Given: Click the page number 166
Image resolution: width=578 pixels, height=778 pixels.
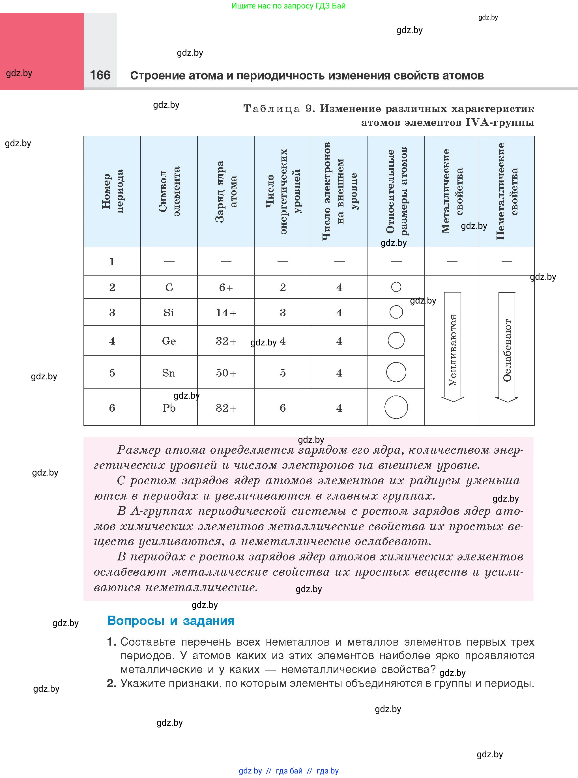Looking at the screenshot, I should pyautogui.click(x=100, y=75).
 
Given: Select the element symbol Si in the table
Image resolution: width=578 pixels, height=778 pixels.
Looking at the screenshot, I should pyautogui.click(x=169, y=312).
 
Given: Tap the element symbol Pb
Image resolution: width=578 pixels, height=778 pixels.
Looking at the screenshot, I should pyautogui.click(x=169, y=408).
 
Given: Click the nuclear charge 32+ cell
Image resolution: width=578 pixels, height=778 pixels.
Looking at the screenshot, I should pyautogui.click(x=226, y=341).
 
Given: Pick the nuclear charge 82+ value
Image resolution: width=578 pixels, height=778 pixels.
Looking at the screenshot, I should pyautogui.click(x=226, y=408).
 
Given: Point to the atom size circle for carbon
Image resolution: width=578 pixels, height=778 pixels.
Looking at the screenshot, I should pyautogui.click(x=396, y=287).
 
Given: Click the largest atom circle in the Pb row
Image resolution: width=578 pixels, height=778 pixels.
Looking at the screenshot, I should pyautogui.click(x=396, y=407).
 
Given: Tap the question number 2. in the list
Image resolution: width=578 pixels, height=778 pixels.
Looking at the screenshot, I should pyautogui.click(x=111, y=683).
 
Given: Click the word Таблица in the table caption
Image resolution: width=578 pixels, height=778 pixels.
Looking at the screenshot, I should pyautogui.click(x=272, y=109).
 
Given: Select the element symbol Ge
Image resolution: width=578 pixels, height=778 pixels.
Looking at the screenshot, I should pyautogui.click(x=169, y=341).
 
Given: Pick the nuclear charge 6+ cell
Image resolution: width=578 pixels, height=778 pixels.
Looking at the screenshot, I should pyautogui.click(x=226, y=287).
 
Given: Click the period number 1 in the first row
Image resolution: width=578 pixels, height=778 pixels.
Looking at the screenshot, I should pyautogui.click(x=112, y=262).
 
